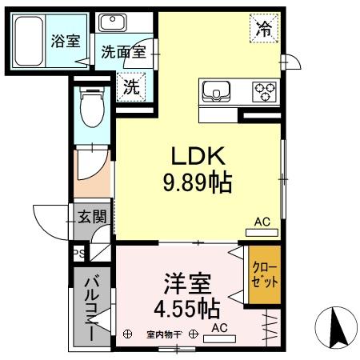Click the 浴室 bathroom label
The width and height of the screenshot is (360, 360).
65,42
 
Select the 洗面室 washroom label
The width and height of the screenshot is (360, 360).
122,52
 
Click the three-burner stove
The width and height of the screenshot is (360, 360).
263,91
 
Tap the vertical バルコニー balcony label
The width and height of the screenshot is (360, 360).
91,306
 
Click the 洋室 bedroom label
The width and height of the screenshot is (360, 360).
187,283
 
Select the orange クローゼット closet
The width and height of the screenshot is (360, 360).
264,275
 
